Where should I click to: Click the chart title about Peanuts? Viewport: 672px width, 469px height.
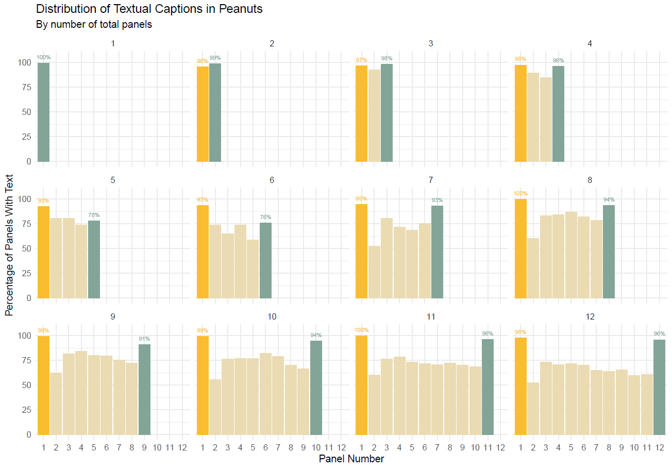coord(149,9)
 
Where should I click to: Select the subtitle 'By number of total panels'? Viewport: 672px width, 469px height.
coord(94,24)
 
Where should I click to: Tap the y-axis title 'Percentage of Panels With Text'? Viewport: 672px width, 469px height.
coord(9,244)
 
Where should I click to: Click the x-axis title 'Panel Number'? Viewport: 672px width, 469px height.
coord(351,458)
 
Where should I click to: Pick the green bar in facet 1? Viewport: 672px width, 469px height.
coord(43,112)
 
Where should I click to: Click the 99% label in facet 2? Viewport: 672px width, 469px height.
coord(215,58)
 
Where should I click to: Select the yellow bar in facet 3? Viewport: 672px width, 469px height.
coord(361,113)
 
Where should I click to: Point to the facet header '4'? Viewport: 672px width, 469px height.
coord(590,44)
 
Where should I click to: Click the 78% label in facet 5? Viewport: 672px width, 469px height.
coord(93,215)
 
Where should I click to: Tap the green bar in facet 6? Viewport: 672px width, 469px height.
coord(265,260)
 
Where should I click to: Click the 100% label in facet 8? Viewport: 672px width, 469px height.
coord(520,194)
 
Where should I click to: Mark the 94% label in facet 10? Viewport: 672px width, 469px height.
coord(316,335)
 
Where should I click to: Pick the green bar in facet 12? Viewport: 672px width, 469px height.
coord(659,387)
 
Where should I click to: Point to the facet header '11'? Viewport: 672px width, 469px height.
coord(431,316)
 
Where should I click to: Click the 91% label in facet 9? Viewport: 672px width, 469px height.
coord(144,339)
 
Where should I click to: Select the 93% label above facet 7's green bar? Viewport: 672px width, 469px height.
coord(437,200)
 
